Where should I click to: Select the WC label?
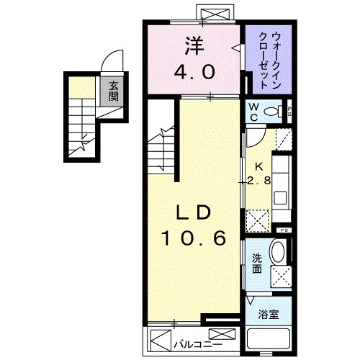(x=253, y=112)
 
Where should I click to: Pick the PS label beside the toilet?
(x=288, y=112)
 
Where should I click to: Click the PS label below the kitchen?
(x=284, y=230)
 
